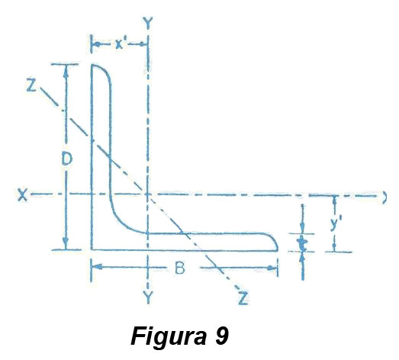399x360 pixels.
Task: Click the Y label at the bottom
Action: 147,297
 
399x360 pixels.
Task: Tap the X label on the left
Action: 22,195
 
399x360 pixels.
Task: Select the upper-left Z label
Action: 31,85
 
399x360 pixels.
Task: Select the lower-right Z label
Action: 243,297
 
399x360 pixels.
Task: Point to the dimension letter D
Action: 67,159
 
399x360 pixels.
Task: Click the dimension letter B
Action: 180,268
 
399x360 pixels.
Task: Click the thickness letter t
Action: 302,243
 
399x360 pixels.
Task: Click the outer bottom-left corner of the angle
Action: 92,250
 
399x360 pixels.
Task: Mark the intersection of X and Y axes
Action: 147,194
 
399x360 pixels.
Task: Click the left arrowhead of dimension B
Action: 97,267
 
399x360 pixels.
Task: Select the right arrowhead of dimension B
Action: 272,268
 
